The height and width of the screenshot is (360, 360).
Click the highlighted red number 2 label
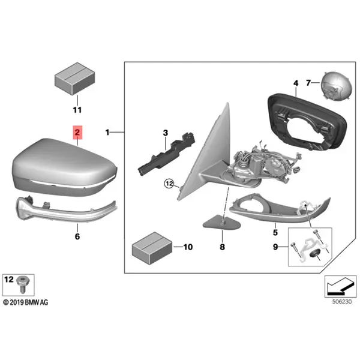[x=77, y=133]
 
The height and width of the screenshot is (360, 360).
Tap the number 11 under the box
[x=77, y=110]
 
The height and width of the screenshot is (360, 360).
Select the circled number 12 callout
[x=169, y=184]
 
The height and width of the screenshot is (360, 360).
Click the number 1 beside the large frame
[x=107, y=133]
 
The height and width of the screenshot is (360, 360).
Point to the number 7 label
[x=308, y=83]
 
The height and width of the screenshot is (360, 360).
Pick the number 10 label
[x=188, y=247]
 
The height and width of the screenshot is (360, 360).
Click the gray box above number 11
[x=75, y=79]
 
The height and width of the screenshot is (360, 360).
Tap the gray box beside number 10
[x=152, y=248]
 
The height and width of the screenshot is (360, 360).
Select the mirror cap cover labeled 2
[x=64, y=167]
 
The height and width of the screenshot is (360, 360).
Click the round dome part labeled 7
[x=336, y=86]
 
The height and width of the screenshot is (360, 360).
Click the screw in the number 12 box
[x=22, y=284]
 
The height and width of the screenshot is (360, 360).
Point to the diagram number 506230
[x=342, y=301]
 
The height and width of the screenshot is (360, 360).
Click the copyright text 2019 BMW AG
[x=26, y=302]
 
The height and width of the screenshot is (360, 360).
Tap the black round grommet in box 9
[x=314, y=254]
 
